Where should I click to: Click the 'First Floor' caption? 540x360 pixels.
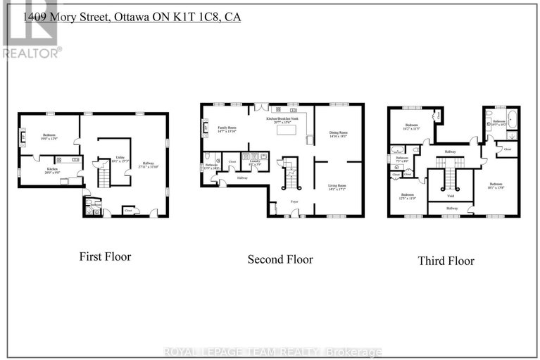click(x=104, y=256)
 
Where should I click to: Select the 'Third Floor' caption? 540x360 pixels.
click(x=446, y=261)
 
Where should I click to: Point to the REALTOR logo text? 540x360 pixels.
click(x=31, y=52)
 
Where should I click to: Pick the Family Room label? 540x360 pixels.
click(x=228, y=130)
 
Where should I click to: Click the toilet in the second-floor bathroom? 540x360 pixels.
click(x=208, y=156)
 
